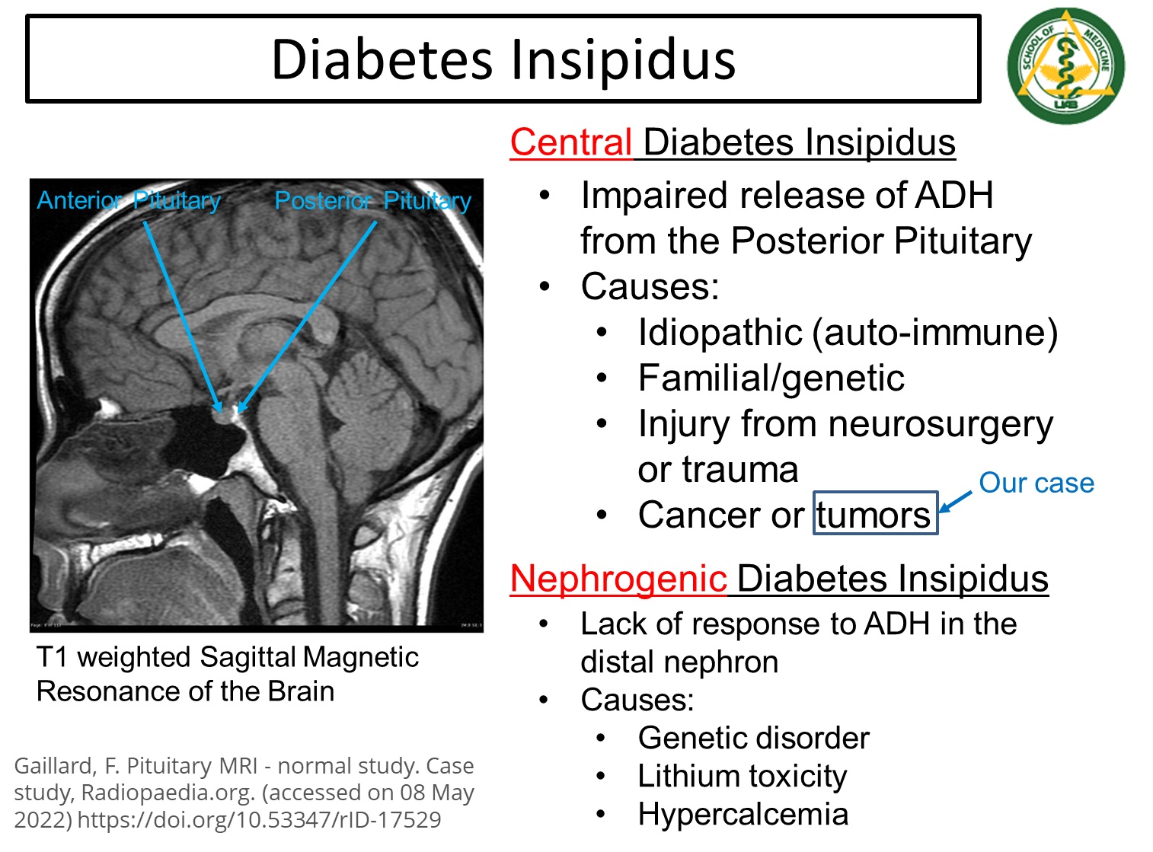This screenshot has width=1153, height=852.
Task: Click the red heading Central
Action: point(571,143)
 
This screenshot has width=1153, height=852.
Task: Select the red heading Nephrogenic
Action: point(618,579)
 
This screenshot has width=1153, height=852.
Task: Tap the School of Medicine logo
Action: point(1065,65)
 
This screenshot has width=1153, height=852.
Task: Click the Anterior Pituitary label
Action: point(129,201)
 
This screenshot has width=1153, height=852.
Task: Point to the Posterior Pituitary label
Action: point(373,201)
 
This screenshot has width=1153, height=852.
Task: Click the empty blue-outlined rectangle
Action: point(875,512)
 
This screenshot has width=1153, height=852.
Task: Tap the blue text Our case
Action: point(1036,483)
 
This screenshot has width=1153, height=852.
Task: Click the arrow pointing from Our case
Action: point(956,502)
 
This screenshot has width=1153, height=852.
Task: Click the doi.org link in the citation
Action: point(259,820)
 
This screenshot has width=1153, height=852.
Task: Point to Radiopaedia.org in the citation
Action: point(168,793)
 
